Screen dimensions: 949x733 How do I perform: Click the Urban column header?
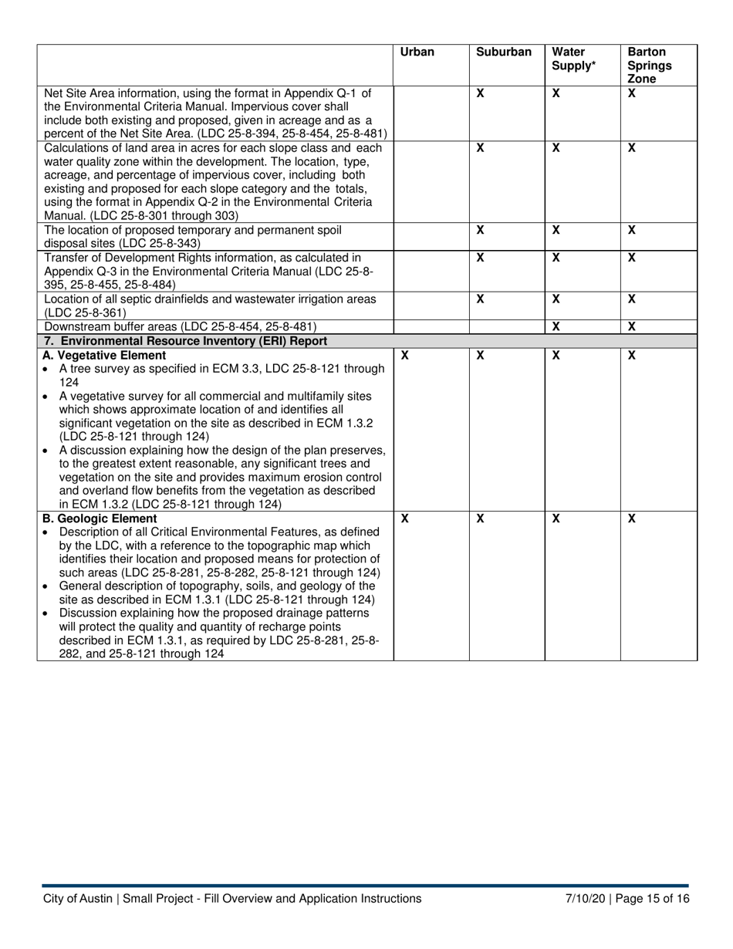(x=417, y=52)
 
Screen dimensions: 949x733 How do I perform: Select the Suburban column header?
(x=504, y=52)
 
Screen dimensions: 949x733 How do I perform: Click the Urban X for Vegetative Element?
(x=405, y=356)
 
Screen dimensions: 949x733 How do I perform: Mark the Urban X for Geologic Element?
(x=405, y=519)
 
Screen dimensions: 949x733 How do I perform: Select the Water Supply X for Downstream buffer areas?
(x=556, y=327)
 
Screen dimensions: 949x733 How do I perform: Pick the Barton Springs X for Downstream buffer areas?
(x=631, y=327)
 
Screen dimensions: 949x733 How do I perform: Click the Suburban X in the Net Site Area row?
(x=480, y=93)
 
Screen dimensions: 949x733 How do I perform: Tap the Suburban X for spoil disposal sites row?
(x=480, y=230)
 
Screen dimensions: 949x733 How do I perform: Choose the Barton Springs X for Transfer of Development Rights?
(x=631, y=258)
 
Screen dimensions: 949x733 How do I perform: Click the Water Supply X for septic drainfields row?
(x=556, y=299)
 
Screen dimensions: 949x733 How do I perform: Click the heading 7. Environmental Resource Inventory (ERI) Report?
(x=186, y=341)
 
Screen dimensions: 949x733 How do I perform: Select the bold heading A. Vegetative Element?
(x=104, y=356)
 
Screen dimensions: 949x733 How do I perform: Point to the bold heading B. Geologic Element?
(x=100, y=519)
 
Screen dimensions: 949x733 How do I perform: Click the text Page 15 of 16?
(x=654, y=898)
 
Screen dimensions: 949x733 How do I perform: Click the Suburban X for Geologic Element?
(x=480, y=519)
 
